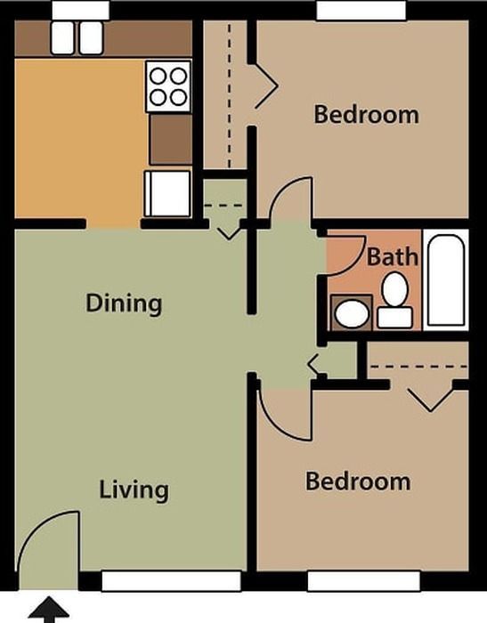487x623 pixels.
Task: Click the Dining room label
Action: tap(124, 303)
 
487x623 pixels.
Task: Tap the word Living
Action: tap(134, 490)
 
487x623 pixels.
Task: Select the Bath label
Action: tap(392, 256)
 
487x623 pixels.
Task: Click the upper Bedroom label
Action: tap(366, 115)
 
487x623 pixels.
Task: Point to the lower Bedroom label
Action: tap(358, 481)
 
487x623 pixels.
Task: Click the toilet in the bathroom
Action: tap(394, 301)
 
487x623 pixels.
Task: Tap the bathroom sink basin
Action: tap(352, 313)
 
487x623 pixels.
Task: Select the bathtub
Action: tap(446, 280)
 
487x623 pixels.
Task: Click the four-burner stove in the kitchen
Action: tap(168, 86)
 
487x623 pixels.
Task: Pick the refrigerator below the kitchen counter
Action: tap(167, 194)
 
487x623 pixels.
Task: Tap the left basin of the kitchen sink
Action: tap(62, 37)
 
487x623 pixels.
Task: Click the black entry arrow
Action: tap(49, 609)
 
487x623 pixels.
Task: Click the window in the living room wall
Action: tap(171, 581)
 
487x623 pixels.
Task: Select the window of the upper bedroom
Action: tap(361, 10)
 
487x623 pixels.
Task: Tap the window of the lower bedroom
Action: tap(364, 581)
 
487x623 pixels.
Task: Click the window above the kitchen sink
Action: tap(81, 10)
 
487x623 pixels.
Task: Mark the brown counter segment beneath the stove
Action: tap(171, 139)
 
